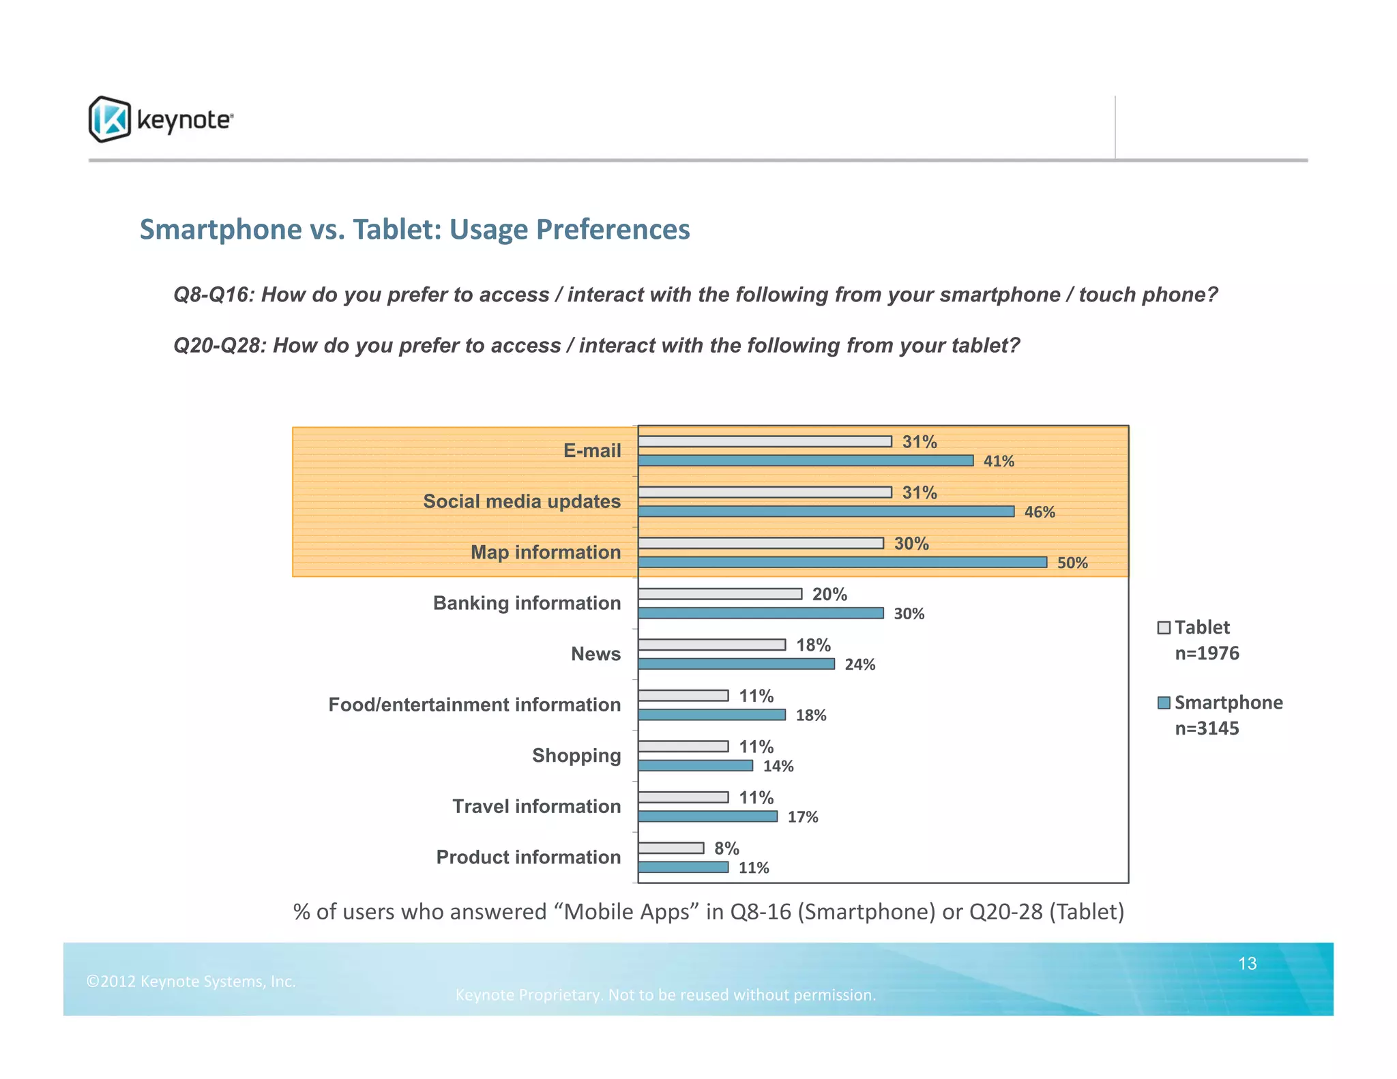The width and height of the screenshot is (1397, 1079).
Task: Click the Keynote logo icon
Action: (x=109, y=119)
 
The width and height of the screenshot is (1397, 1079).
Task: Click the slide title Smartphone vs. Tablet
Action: (x=414, y=229)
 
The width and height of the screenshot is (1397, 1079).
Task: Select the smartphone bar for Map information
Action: (x=842, y=562)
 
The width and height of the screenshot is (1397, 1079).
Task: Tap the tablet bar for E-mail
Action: (x=765, y=441)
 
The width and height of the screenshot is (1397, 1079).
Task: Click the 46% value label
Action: (x=1039, y=512)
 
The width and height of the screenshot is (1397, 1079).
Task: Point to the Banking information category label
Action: (x=527, y=603)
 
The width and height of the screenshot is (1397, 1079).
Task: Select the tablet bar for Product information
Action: (x=671, y=848)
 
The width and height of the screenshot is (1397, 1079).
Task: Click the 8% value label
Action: (x=726, y=848)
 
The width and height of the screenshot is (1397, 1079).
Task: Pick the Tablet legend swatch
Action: (x=1164, y=627)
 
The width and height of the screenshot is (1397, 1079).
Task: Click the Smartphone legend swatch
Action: (x=1164, y=703)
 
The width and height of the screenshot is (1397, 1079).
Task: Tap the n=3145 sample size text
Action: (x=1206, y=728)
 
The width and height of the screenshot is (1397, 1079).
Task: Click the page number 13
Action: (x=1247, y=963)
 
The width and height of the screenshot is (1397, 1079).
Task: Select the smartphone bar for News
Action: (x=736, y=664)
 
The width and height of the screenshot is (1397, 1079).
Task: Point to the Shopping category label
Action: (x=576, y=756)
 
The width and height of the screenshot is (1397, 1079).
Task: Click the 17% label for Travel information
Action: (x=802, y=817)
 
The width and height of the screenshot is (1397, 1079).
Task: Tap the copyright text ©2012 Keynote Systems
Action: (x=191, y=981)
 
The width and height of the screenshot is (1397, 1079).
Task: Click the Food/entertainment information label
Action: (x=474, y=705)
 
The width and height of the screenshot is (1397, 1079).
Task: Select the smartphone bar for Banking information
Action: (x=761, y=613)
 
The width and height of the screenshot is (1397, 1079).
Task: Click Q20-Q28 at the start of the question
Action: (x=218, y=346)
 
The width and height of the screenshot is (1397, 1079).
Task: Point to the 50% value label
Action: (x=1072, y=563)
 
